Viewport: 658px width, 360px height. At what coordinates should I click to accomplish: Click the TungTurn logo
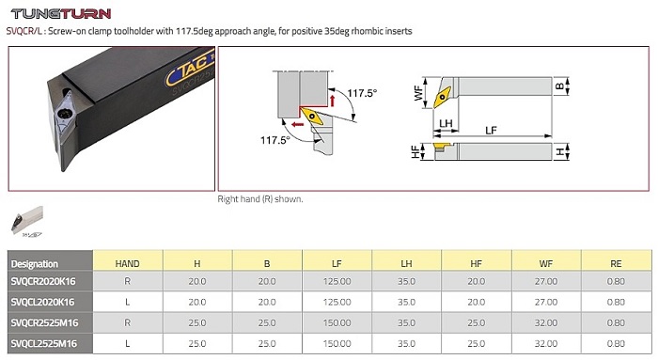[61, 13]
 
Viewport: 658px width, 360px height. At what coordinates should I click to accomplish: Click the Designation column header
[35, 264]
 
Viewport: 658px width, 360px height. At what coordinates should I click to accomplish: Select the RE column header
[616, 264]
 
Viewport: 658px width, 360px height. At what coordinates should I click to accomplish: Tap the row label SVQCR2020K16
[43, 281]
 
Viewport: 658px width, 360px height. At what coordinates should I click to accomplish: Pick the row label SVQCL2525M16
[44, 344]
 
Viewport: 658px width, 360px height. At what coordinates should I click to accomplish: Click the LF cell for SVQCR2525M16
[337, 322]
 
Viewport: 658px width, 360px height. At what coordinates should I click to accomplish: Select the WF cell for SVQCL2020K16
[545, 302]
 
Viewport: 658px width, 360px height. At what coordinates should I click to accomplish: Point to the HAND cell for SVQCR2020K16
[127, 281]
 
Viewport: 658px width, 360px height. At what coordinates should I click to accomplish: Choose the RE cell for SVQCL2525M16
[616, 344]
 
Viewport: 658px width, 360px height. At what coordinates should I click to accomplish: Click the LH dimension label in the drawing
[446, 124]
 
